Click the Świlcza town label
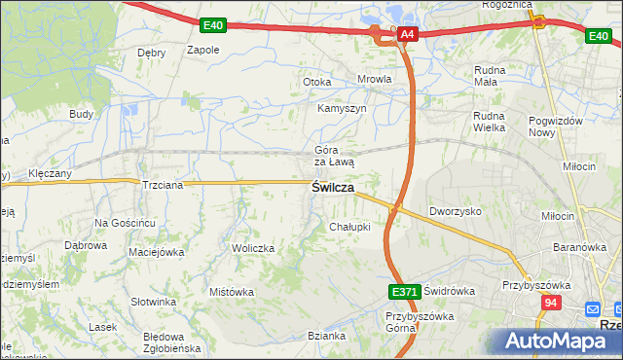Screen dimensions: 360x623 332,187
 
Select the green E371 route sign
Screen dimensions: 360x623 404,291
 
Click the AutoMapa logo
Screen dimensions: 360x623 559,341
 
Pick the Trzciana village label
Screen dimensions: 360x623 162,184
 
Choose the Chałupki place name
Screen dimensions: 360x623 350,227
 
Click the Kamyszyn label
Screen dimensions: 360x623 342,108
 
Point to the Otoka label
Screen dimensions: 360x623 317,83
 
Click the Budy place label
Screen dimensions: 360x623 81,114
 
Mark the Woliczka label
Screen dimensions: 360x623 252,249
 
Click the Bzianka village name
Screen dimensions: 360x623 326,336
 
